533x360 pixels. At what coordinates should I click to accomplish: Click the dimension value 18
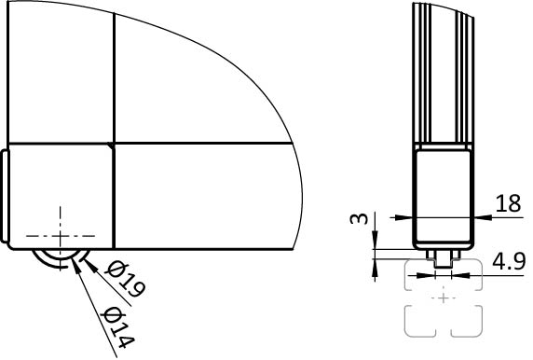click(x=508, y=204)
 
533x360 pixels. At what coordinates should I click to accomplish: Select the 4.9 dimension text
click(x=509, y=261)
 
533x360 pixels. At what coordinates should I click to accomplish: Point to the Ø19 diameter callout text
click(x=126, y=279)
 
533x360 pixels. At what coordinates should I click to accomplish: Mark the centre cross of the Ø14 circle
click(x=61, y=235)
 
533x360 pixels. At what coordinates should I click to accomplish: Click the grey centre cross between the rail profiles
click(x=444, y=298)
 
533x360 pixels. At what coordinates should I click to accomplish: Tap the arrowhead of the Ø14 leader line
click(x=76, y=264)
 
